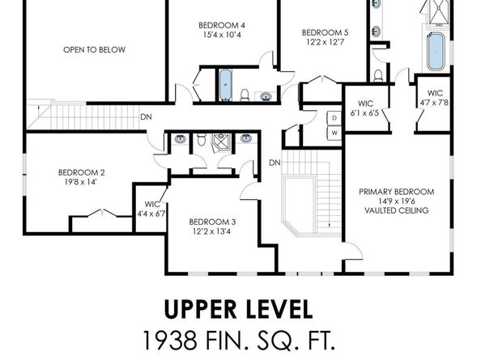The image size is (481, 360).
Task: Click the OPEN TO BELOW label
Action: click(x=94, y=49)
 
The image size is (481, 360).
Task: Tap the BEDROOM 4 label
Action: click(x=222, y=25)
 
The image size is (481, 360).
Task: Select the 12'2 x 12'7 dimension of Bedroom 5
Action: click(x=326, y=42)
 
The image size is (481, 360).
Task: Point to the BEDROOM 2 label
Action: click(x=82, y=172)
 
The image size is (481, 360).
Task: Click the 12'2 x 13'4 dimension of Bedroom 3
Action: click(x=212, y=231)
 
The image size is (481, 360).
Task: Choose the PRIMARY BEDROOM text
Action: click(x=397, y=192)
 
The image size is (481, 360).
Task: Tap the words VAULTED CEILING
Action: click(x=397, y=210)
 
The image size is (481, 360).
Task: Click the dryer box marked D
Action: click(x=334, y=118)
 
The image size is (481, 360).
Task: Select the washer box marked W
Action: click(x=334, y=133)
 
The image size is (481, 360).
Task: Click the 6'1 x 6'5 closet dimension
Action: click(x=365, y=112)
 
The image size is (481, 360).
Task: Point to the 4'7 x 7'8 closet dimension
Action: click(x=434, y=102)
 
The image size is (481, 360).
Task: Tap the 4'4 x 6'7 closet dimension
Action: click(x=151, y=214)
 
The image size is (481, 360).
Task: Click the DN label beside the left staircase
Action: click(x=146, y=117)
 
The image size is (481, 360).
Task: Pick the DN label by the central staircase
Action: click(x=275, y=163)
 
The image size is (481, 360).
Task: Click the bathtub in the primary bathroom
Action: click(x=436, y=51)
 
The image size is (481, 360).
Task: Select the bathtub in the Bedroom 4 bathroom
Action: click(x=225, y=86)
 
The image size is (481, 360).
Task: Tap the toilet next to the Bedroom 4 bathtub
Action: click(x=245, y=95)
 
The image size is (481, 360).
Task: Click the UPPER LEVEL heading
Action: click(x=239, y=310)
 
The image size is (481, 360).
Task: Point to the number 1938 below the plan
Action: click(x=170, y=341)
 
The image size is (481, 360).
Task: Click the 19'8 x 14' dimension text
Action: click(x=81, y=182)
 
